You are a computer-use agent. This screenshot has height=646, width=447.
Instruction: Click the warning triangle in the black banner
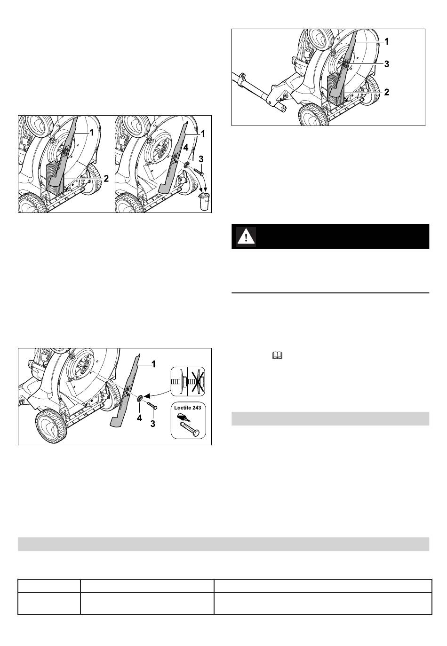click(246, 237)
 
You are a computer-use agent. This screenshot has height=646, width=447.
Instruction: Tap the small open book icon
click(277, 355)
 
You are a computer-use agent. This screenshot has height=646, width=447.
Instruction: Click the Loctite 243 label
click(188, 408)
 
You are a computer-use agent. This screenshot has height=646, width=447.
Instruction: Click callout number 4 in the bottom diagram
click(139, 418)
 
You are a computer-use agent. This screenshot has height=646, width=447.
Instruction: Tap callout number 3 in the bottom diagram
click(152, 423)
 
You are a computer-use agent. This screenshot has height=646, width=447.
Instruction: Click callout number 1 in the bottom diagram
click(153, 364)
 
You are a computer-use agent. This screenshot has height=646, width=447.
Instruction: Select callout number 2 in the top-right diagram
click(387, 92)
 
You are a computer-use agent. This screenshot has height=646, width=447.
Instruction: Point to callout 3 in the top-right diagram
click(387, 64)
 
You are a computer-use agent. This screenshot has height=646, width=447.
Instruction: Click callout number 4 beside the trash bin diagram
click(185, 147)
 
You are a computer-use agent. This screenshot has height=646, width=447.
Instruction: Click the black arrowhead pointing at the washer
click(147, 396)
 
